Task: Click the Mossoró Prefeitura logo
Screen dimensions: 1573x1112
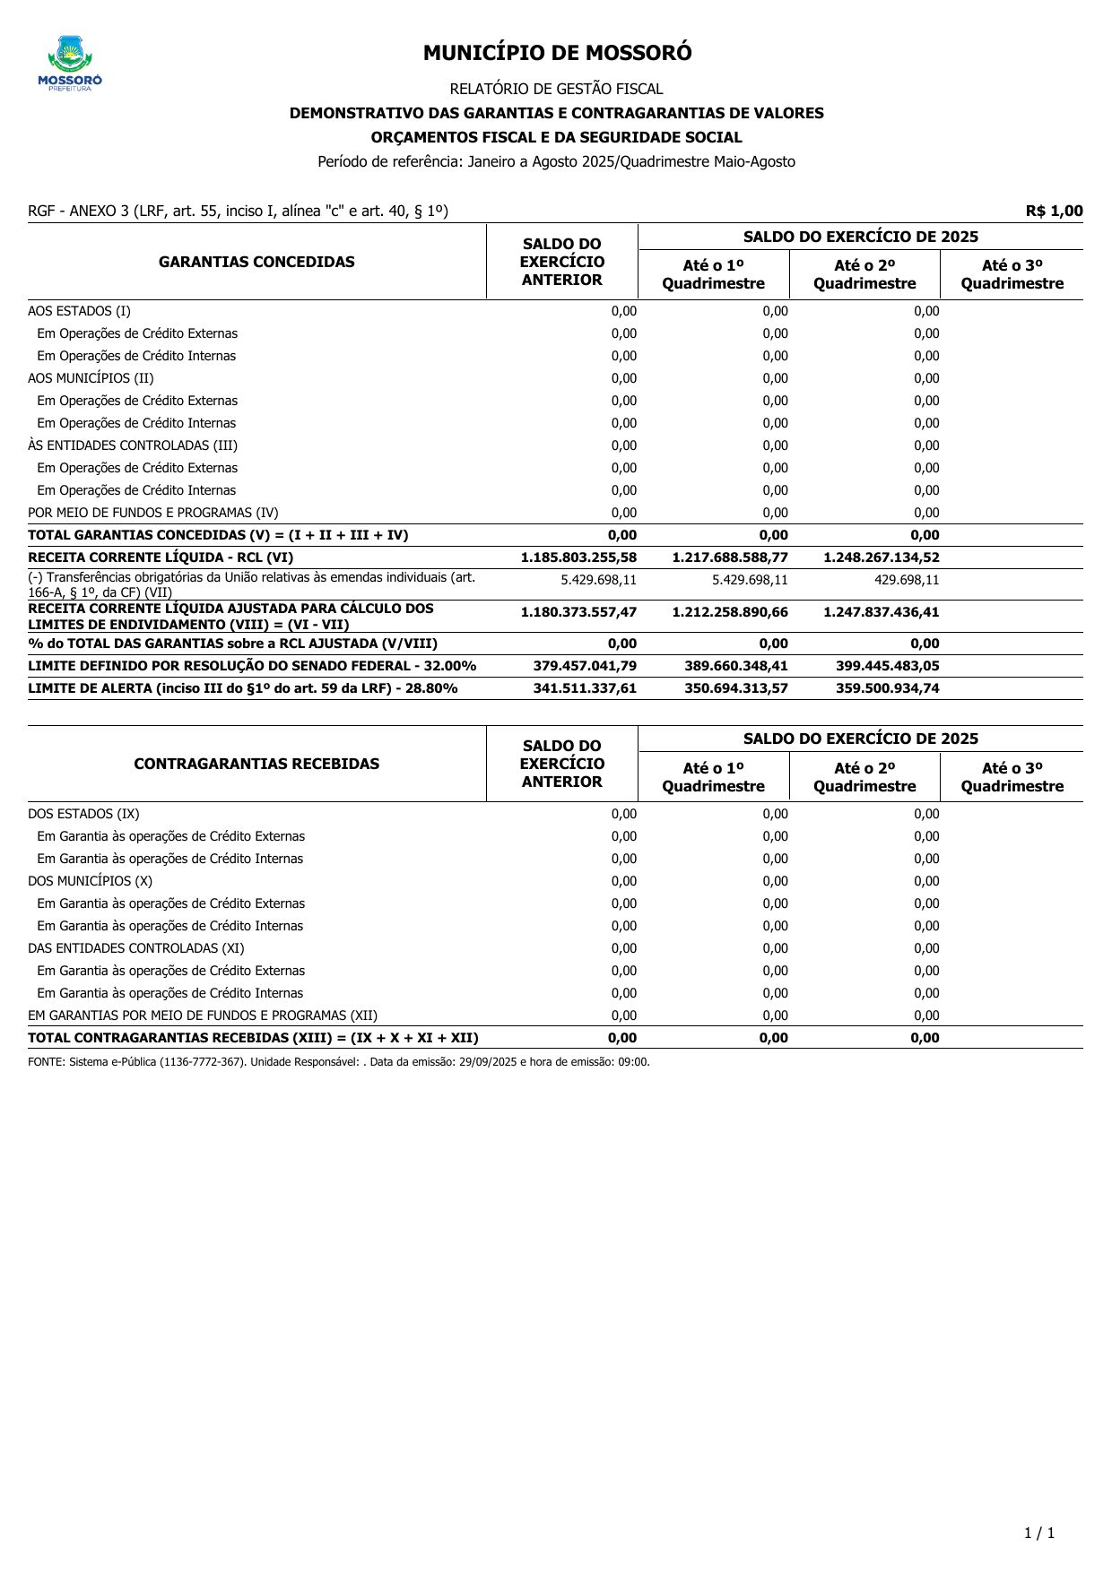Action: tap(70, 64)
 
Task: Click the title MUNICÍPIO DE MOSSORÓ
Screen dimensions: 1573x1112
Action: tap(557, 53)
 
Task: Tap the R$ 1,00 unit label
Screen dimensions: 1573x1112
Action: tap(1054, 212)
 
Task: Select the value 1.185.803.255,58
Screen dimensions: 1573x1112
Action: tap(578, 557)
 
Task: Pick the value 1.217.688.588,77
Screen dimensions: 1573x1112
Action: tap(730, 557)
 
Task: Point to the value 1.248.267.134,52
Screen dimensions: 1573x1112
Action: tap(882, 557)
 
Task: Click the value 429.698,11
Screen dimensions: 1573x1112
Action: tap(907, 580)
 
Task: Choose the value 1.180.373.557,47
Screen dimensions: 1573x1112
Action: tap(578, 612)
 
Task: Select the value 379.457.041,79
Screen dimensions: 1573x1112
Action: tap(585, 666)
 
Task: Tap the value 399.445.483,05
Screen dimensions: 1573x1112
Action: tap(888, 666)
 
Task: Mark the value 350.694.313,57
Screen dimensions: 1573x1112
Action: tap(736, 688)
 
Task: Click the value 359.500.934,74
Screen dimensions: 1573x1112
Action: tap(888, 688)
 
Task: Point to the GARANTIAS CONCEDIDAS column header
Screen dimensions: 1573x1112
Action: tap(256, 262)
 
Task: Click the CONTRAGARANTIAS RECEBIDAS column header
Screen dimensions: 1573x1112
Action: tap(256, 764)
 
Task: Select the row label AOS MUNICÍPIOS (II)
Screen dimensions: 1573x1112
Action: tap(91, 378)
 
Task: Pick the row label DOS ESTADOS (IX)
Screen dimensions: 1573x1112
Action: tap(83, 814)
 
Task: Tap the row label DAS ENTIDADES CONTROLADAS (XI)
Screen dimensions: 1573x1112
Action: tap(135, 948)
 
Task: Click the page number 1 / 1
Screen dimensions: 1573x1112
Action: tap(1039, 1533)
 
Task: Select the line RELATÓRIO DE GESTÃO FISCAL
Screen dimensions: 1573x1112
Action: tap(556, 89)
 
